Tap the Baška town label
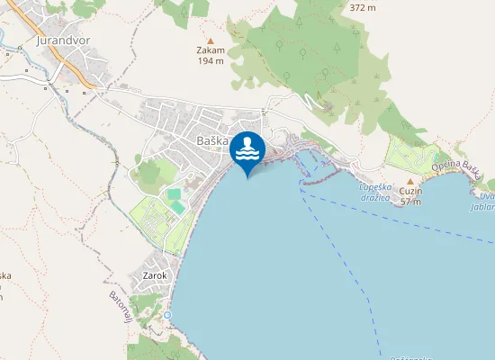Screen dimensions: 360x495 pos(211,140)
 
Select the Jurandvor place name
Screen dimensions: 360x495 pos(65,40)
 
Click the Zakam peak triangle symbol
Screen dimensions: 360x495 pos(211,40)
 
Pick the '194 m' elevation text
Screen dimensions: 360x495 pos(211,61)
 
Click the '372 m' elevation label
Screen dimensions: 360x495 pos(362,7)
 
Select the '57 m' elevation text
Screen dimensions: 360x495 pos(410,202)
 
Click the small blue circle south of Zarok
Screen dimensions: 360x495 pos(167,315)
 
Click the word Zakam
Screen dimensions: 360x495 pos(211,51)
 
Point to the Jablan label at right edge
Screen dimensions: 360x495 pos(486,205)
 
